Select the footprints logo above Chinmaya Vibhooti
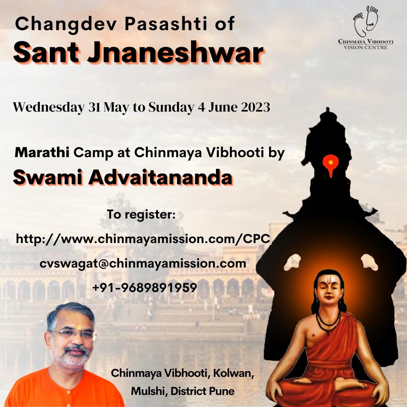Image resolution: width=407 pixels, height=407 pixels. click(366, 21)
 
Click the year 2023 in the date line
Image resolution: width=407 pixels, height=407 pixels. click(256, 107)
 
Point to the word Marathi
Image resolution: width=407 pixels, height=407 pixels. click(42, 152)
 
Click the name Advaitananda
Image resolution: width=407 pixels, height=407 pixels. click(161, 177)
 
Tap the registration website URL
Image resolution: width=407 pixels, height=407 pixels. click(143, 239)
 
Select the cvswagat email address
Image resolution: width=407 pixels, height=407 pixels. click(143, 264)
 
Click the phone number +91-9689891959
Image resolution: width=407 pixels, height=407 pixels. click(145, 288)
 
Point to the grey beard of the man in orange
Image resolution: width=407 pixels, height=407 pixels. click(73, 357)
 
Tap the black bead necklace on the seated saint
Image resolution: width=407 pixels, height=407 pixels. click(328, 323)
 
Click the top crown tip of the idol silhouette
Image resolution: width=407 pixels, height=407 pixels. click(327, 109)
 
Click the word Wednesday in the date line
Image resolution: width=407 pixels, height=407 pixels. click(49, 107)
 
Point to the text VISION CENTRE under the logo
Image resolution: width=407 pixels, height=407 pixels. click(366, 47)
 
